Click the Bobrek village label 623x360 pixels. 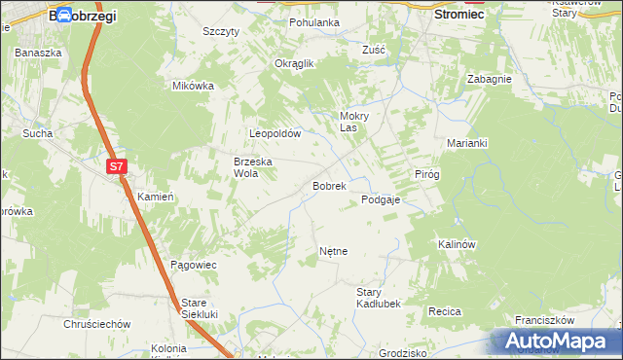point(329,185)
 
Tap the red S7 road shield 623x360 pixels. point(117,166)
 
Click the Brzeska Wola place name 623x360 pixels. point(251,167)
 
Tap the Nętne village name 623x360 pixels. point(333,251)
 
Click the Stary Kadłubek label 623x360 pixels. point(380,298)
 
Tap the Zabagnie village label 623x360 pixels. point(489,79)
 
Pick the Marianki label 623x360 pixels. point(467,142)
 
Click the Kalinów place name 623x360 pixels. point(456,244)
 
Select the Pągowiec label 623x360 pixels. point(193,265)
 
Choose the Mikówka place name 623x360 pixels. point(193,86)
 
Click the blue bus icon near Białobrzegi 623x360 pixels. point(63,16)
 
